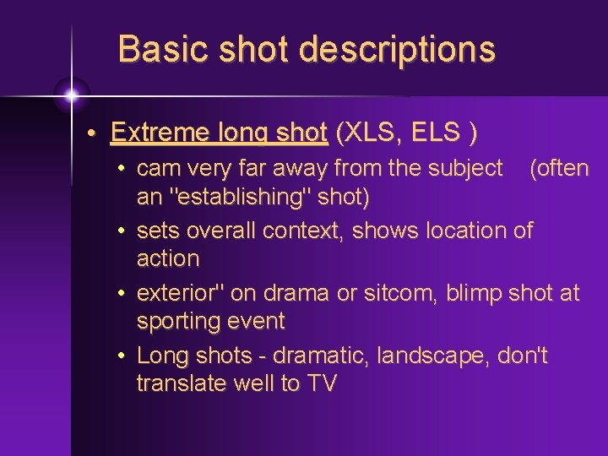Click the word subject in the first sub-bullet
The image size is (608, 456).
coord(464,168)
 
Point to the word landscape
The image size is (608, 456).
coord(429,356)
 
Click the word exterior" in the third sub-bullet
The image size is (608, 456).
coord(186,293)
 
